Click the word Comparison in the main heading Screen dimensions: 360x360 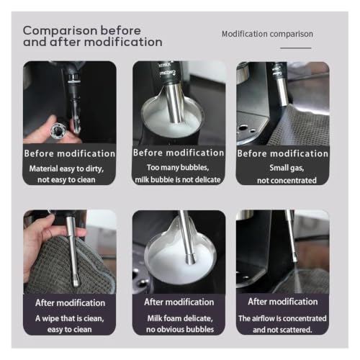60,31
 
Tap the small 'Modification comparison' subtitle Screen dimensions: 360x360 267,34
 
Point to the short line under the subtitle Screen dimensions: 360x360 296,48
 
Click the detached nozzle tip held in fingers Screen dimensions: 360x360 58,130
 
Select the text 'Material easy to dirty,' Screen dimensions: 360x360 66,168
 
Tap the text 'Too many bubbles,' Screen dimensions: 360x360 178,167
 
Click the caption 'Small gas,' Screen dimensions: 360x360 287,168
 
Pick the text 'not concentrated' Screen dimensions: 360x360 287,180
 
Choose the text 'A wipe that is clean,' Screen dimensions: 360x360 70,318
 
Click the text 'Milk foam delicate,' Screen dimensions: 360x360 180,318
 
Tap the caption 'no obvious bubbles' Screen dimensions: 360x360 180,329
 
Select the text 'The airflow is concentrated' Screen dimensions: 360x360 282,318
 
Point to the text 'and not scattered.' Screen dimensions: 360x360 282,330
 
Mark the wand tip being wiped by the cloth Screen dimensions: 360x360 76,282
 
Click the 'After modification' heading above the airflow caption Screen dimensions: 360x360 283,302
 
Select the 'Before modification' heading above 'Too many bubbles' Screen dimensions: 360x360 179,153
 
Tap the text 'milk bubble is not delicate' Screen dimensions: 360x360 178,179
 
